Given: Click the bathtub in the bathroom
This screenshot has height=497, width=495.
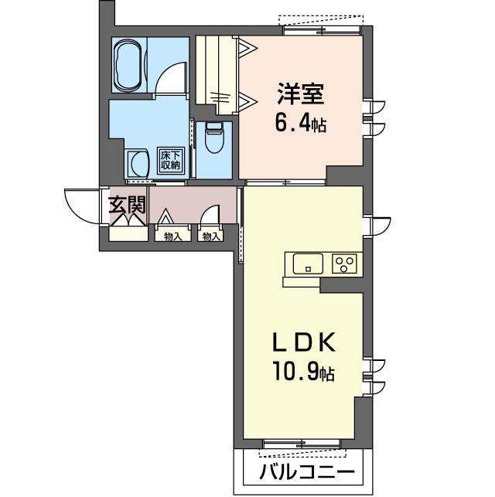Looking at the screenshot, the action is (x=128, y=65).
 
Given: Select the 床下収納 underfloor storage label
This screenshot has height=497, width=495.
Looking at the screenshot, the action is (x=171, y=160).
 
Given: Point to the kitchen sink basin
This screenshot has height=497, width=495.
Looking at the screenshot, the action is (x=308, y=264).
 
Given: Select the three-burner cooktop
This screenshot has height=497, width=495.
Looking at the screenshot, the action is (x=345, y=264).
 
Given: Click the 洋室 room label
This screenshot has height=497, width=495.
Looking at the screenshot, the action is (x=301, y=94).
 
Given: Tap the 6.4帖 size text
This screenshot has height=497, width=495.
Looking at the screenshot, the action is (x=300, y=124).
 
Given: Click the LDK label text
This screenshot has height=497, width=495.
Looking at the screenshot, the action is (x=304, y=342).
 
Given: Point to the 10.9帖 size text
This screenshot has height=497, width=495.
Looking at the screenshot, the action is (x=303, y=373).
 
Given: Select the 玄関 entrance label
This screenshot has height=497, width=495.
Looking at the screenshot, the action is (x=127, y=205).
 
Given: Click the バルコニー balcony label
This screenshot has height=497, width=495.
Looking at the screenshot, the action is (x=306, y=472).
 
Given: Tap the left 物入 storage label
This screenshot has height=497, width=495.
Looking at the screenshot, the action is (x=172, y=237).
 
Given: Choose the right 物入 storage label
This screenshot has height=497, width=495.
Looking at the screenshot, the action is (x=211, y=237).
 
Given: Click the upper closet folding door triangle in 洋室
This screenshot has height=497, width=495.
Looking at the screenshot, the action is (x=247, y=48).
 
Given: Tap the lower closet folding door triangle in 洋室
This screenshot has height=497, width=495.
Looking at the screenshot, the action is (x=247, y=101).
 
